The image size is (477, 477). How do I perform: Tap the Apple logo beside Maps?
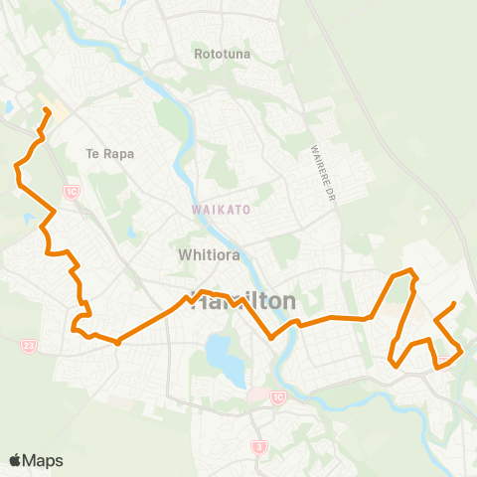pos(16,460)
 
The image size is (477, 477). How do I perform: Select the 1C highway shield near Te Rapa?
pos(71,189)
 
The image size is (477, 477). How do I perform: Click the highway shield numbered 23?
pos(28,345)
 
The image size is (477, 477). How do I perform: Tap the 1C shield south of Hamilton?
pos(277,397)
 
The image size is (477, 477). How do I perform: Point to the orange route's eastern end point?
pos(454,303)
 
